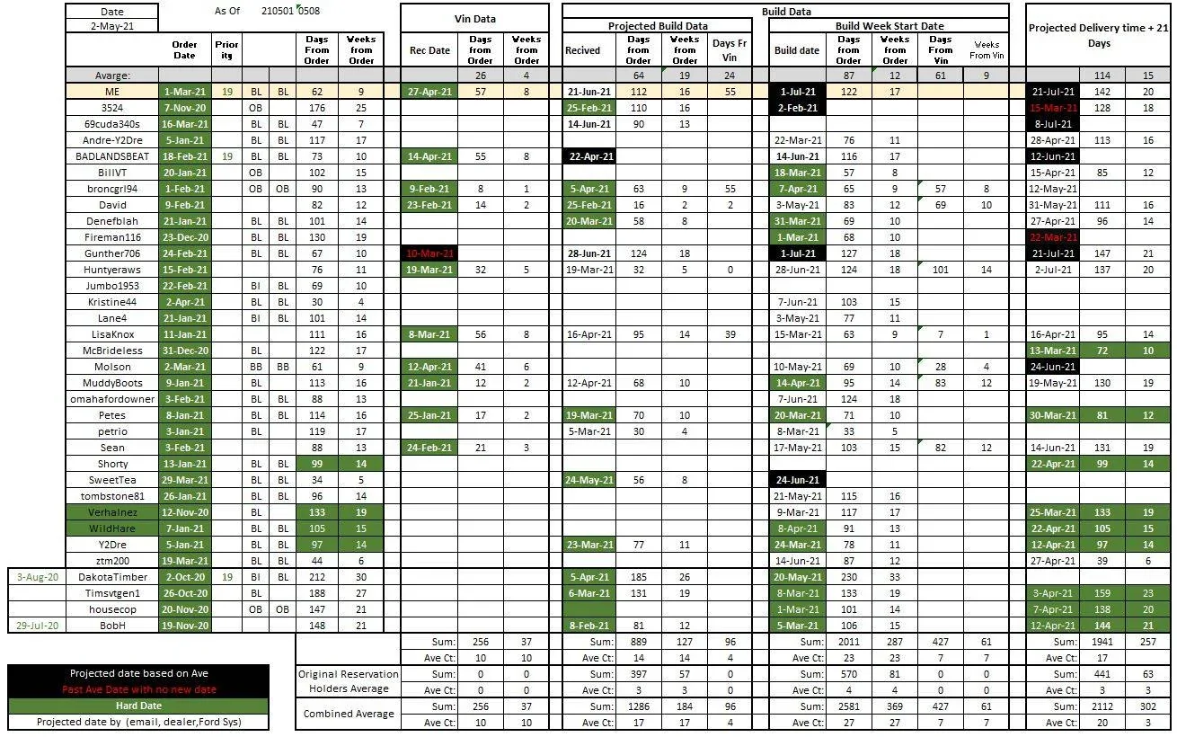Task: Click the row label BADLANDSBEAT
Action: click(112, 156)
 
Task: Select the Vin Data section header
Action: click(474, 19)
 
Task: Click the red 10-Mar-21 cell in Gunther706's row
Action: click(429, 253)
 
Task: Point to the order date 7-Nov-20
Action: click(184, 108)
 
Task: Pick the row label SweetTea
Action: click(112, 480)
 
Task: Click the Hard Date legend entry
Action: click(138, 706)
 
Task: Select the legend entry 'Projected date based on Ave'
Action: click(138, 674)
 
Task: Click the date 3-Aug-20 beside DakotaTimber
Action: click(37, 577)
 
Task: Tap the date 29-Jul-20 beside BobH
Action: click(37, 626)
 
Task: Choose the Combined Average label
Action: click(349, 714)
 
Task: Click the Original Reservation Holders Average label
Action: click(349, 681)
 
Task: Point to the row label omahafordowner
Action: click(112, 399)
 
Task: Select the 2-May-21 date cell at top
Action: click(112, 27)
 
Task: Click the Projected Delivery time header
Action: click(1099, 35)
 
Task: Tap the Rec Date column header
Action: click(429, 50)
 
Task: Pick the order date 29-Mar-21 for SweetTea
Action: click(184, 480)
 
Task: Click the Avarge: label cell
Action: click(112, 75)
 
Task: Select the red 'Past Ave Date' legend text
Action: click(138, 690)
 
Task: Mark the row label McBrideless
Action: click(112, 351)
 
